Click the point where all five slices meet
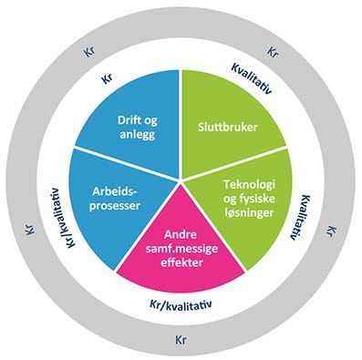point(181,180)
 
